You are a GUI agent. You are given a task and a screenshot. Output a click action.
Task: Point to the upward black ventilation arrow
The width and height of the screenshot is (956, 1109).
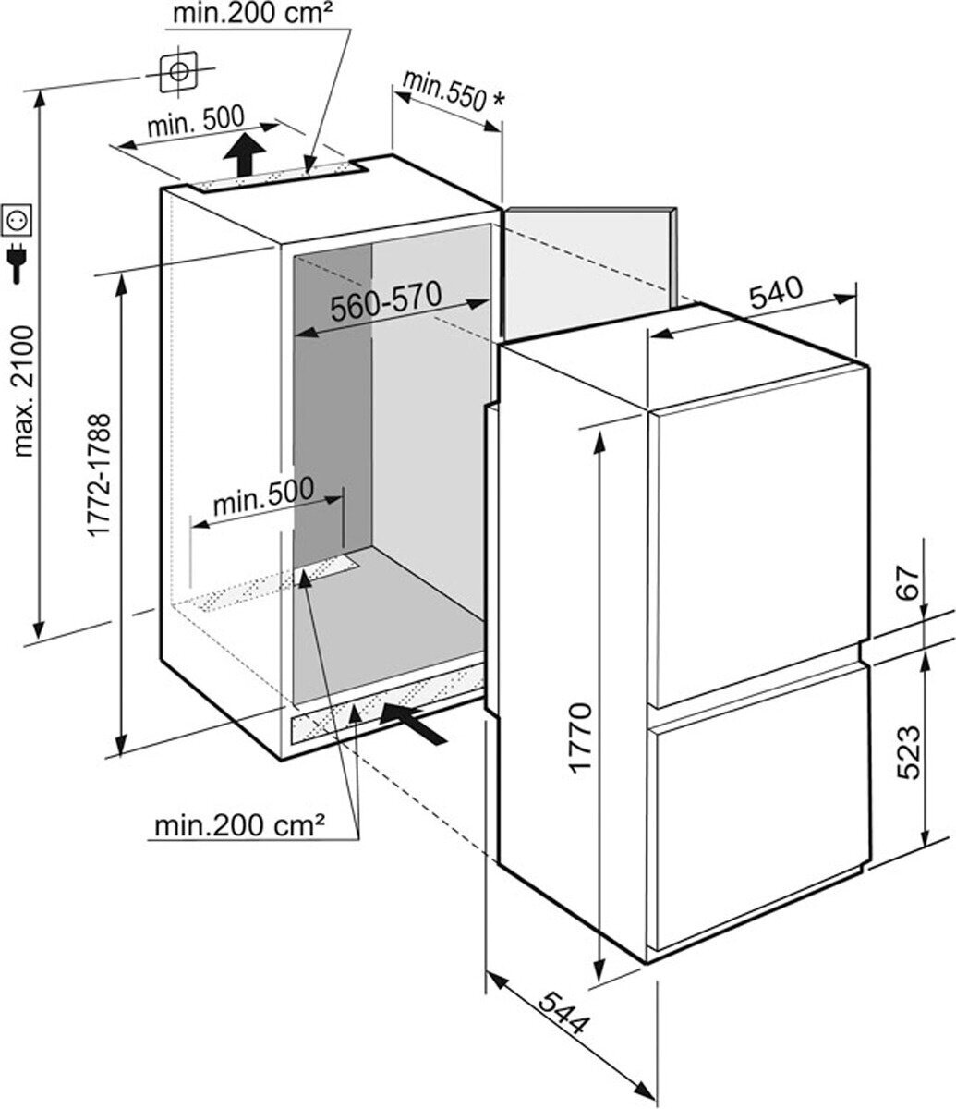point(244,152)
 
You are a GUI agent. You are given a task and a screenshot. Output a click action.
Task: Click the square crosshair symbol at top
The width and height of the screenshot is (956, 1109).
point(180,71)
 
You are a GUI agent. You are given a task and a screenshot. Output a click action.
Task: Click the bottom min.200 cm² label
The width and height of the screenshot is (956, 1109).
point(239,824)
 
